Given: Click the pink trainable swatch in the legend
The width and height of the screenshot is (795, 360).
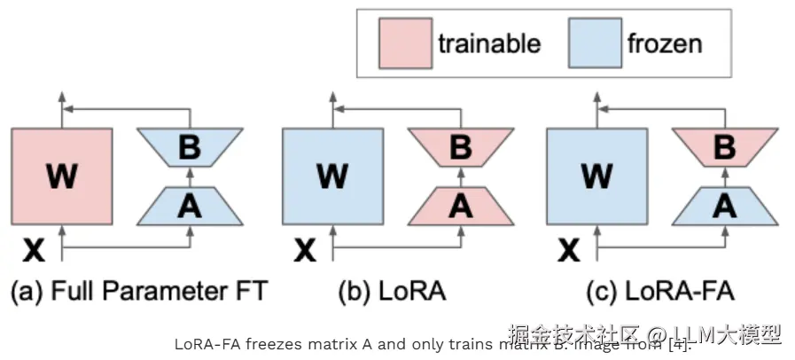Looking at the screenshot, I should pos(404,43).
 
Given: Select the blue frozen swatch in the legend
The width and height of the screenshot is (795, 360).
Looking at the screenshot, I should pos(595,43).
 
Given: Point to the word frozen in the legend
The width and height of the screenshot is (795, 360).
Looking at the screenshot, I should pos(665,43).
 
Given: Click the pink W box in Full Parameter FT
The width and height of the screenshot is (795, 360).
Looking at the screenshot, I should pos(61,176).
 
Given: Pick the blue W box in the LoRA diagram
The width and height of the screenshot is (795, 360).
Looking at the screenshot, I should pos(332,176).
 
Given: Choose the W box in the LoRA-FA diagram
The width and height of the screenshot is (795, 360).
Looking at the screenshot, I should pos(596,176).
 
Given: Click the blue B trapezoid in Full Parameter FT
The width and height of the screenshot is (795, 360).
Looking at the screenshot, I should pos(189,147).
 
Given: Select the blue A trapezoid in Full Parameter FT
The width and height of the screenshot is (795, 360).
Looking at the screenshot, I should pos(189,206).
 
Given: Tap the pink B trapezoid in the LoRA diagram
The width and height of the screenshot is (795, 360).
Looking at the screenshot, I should pos(460,147).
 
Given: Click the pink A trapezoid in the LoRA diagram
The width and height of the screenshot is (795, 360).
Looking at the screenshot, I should pos(460,206).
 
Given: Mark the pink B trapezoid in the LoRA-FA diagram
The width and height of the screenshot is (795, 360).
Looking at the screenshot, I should pos(724,147).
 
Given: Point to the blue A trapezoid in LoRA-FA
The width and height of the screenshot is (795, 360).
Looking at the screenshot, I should pos(724,206).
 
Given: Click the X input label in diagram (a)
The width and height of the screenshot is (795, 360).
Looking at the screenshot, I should pos(35,252).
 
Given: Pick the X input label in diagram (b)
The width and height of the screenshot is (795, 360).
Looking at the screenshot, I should pos(306,252).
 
